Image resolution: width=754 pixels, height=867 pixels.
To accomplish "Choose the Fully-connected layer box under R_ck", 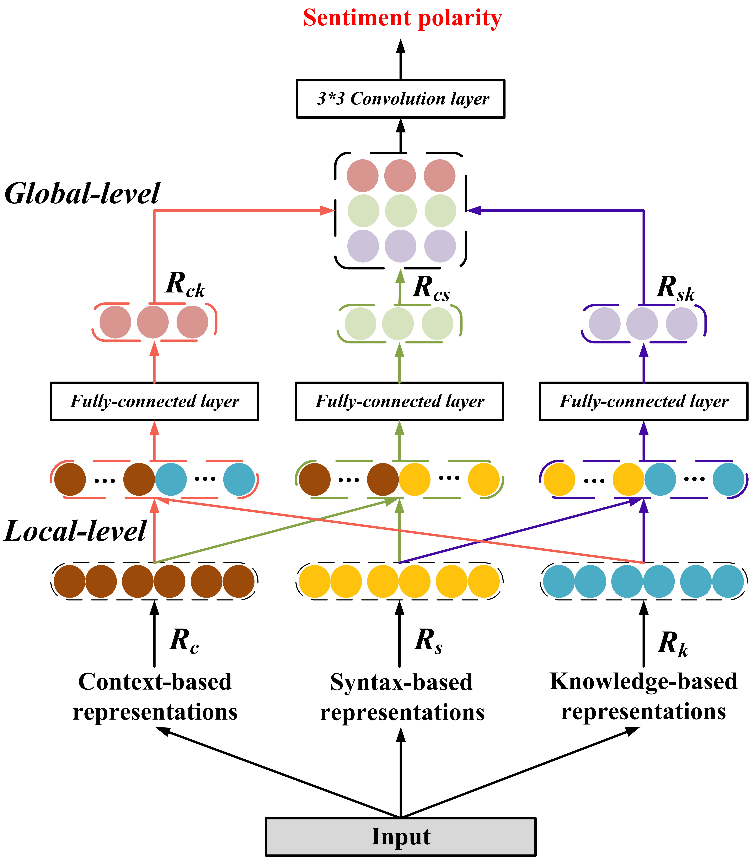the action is pos(154,401).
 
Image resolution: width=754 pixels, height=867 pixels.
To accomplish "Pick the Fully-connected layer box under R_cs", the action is pos(400,401).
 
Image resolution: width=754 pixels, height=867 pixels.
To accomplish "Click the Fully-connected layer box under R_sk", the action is pos(644,401).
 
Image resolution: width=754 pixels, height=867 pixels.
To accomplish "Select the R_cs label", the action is pos(431,289).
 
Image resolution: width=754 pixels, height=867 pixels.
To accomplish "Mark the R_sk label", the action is pos(675,289).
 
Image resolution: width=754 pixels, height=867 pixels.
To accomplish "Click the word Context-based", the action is pos(155,682).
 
